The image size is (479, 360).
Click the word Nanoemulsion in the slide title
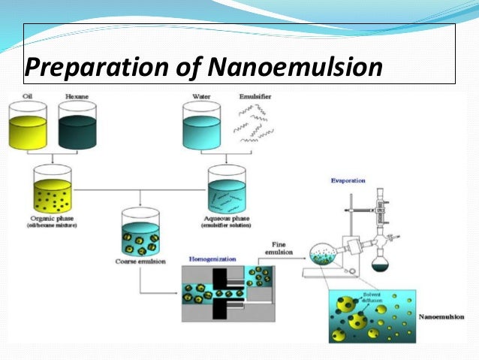click(x=294, y=67)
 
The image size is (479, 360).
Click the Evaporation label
click(x=348, y=181)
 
